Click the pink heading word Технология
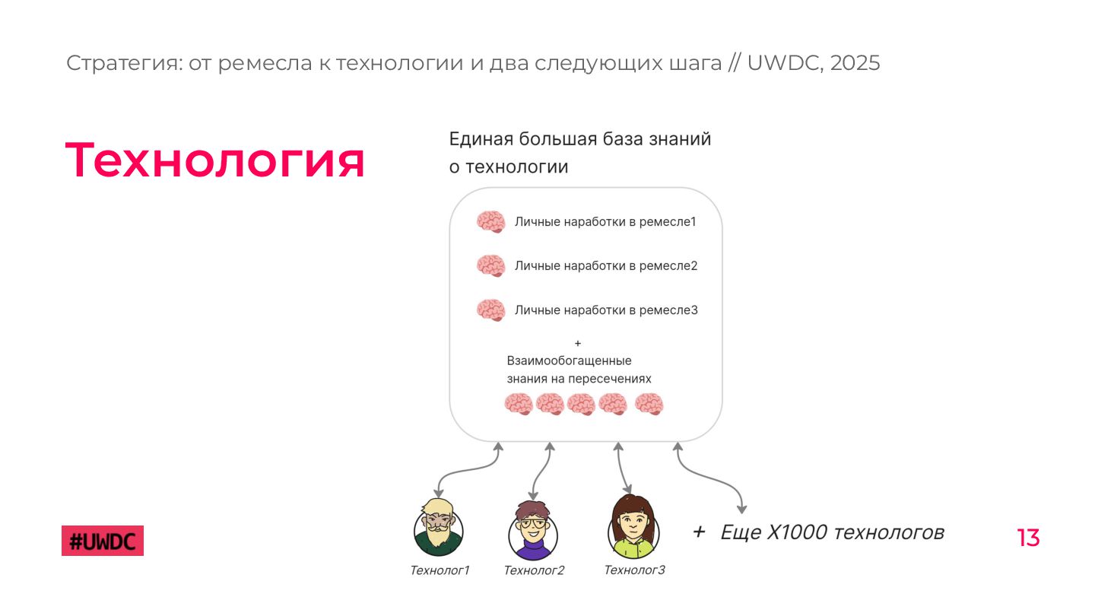pyautogui.click(x=215, y=160)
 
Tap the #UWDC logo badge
pyautogui.click(x=103, y=541)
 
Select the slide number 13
pyautogui.click(x=1028, y=538)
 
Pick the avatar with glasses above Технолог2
pyautogui.click(x=532, y=529)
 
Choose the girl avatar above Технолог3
pyautogui.click(x=633, y=526)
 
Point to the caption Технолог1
pyautogui.click(x=440, y=570)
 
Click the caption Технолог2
pyautogui.click(x=534, y=570)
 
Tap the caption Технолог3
pyautogui.click(x=634, y=570)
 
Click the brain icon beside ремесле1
pyautogui.click(x=491, y=222)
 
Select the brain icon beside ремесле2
pyautogui.click(x=491, y=266)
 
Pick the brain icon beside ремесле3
pyautogui.click(x=491, y=310)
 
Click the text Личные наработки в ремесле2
pyautogui.click(x=606, y=266)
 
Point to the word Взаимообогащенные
pyautogui.click(x=569, y=360)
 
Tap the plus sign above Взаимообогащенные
pyautogui.click(x=578, y=343)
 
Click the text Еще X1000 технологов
pyautogui.click(x=832, y=532)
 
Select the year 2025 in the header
pyautogui.click(x=855, y=63)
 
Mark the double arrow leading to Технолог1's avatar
pyautogui.click(x=465, y=473)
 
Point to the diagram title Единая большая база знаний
pyautogui.click(x=580, y=139)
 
